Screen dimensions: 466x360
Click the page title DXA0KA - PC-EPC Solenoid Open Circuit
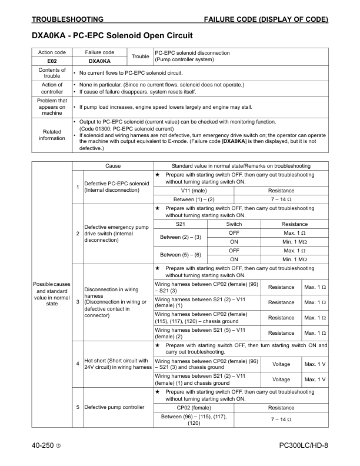tap(112, 36)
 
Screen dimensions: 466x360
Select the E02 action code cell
tap(51, 61)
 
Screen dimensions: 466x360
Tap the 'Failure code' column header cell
tap(99, 53)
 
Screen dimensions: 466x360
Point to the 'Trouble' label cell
tap(140, 56)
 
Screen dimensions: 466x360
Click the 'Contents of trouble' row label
tap(52, 73)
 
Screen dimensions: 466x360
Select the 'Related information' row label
tap(52, 135)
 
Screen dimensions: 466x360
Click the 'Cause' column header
tap(113, 166)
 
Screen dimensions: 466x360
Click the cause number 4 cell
tap(78, 363)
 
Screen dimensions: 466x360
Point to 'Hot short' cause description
tap(118, 363)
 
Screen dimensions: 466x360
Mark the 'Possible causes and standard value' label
tap(53, 293)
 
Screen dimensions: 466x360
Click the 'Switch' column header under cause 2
tap(234, 224)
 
